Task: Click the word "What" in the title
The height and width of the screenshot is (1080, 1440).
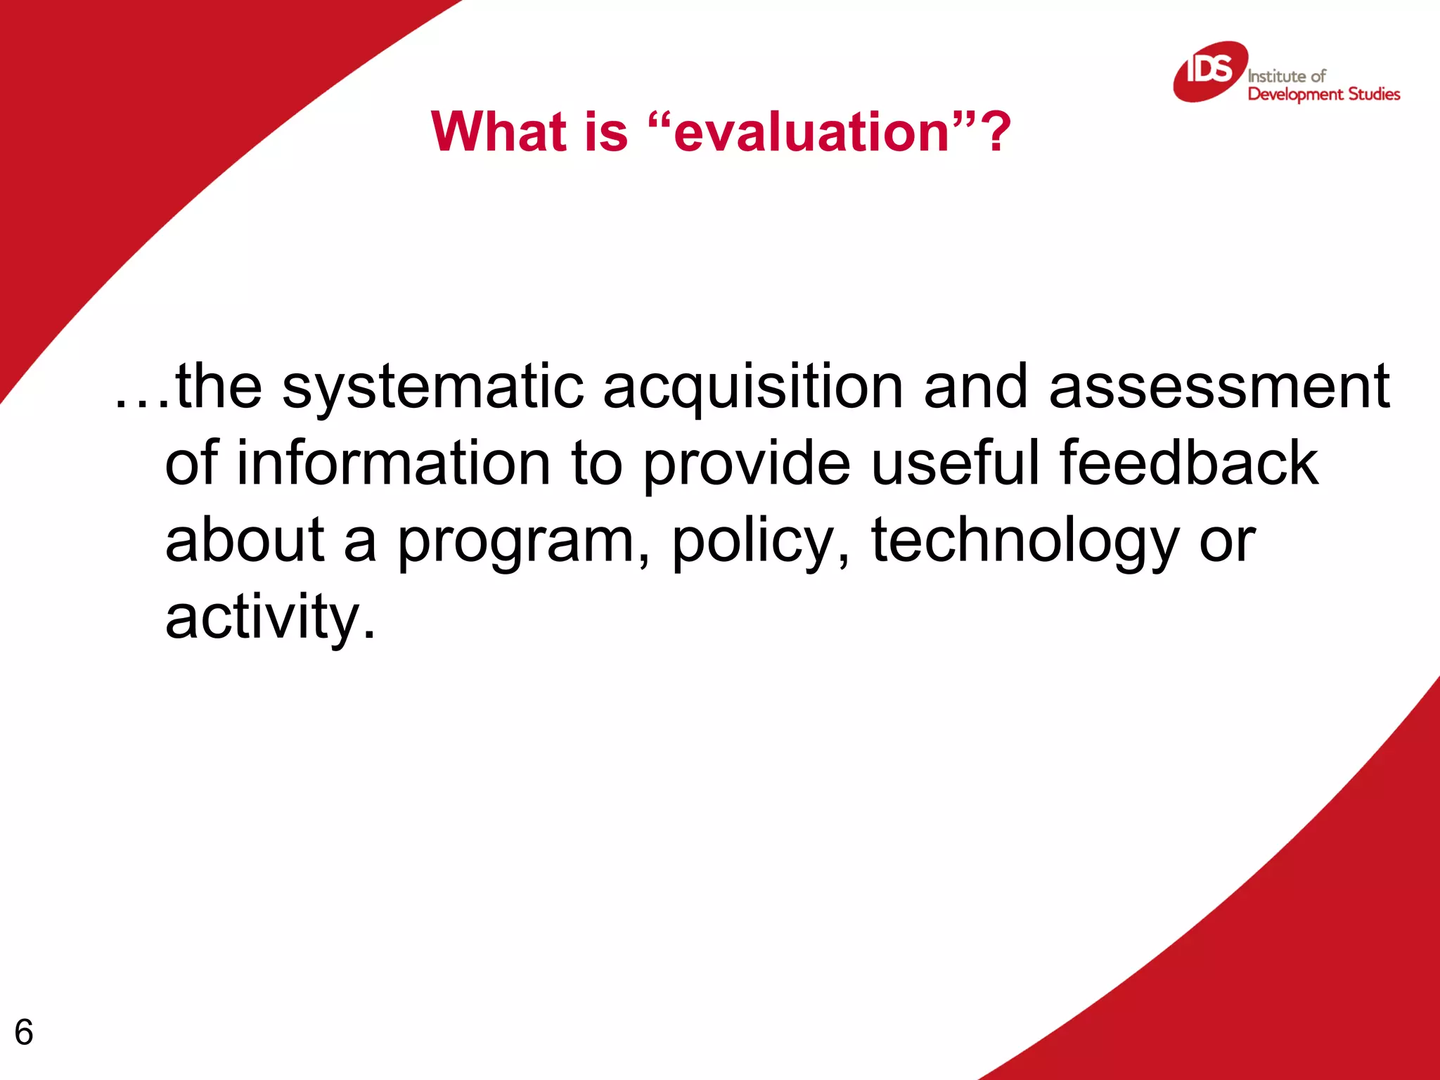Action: tap(499, 131)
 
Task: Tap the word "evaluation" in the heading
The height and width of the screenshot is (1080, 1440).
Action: tap(811, 133)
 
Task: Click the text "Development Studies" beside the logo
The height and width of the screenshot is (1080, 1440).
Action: tap(1323, 94)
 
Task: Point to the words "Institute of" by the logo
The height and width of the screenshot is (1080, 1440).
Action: tap(1286, 76)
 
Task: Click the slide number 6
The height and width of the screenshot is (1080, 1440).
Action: tap(24, 1032)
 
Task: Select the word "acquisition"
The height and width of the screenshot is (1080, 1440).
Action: tap(752, 389)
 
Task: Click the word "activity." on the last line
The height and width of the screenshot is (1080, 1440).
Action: tap(270, 618)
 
